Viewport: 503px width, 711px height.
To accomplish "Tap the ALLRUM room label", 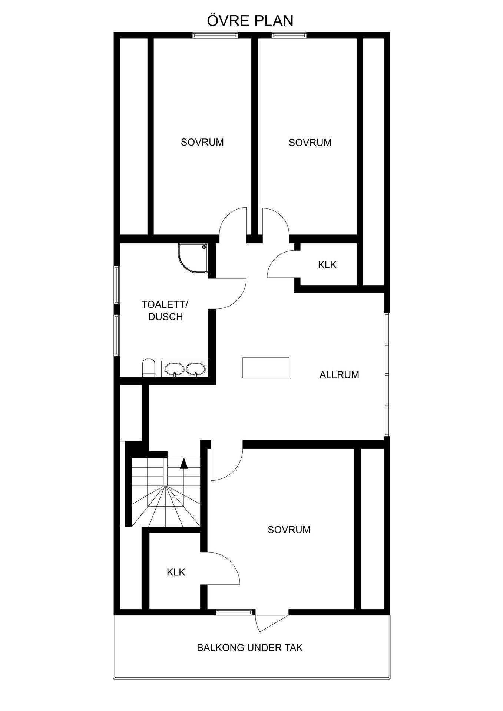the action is click(x=339, y=375).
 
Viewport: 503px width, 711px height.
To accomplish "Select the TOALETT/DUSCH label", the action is click(x=165, y=311).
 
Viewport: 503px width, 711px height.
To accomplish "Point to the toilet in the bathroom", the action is click(x=148, y=367).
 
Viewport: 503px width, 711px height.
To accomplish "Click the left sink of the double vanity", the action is click(x=174, y=369).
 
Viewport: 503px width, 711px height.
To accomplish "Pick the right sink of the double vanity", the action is click(x=196, y=369).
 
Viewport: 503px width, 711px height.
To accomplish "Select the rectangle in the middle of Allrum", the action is click(x=266, y=368).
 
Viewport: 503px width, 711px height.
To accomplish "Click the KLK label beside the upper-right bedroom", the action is click(x=327, y=265).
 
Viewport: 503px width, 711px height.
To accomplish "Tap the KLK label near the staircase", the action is click(x=176, y=572).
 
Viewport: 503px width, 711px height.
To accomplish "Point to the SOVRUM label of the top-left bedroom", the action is click(x=202, y=142).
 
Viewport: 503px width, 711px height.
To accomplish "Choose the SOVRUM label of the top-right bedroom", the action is click(x=310, y=143).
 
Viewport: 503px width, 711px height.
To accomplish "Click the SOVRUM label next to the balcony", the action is click(x=289, y=530).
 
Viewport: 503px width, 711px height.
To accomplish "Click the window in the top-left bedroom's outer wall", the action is click(x=215, y=35).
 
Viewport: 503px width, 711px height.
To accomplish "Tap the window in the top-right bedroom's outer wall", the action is click(x=289, y=35).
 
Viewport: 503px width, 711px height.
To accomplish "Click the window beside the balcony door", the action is click(x=235, y=612).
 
